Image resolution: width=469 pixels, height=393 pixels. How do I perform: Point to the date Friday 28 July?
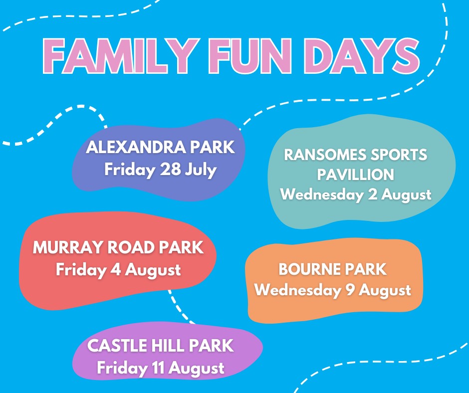click(160, 170)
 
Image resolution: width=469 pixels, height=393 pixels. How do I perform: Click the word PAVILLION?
click(356, 175)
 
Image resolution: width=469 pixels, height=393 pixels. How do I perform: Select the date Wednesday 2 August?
click(356, 195)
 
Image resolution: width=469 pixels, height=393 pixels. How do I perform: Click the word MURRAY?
click(62, 248)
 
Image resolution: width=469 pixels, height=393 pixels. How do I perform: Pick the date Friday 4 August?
click(118, 270)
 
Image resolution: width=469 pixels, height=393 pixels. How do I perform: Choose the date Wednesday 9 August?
click(333, 290)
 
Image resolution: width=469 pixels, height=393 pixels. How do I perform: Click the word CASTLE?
click(116, 346)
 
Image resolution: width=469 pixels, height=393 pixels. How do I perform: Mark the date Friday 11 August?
click(161, 369)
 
